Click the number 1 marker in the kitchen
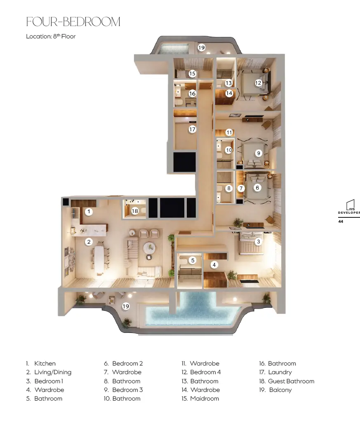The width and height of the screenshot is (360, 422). click(89, 212)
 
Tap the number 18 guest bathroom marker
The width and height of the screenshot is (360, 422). click(135, 211)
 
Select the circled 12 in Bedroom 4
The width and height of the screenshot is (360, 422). click(258, 83)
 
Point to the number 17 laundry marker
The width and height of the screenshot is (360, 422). click(192, 130)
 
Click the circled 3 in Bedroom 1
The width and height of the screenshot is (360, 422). click(258, 241)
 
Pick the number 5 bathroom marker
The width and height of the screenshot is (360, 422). click(193, 260)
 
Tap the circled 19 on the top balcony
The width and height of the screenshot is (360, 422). click(202, 47)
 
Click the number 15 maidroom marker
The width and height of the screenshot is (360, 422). click(192, 73)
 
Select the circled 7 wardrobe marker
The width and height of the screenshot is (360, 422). click(241, 189)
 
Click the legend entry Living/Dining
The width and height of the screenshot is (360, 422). click(53, 372)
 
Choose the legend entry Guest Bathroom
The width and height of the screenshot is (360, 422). click(291, 381)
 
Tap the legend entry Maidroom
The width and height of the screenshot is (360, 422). click(205, 398)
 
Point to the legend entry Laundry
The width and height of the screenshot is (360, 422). click(280, 372)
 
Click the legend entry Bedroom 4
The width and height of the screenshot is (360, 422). click(205, 372)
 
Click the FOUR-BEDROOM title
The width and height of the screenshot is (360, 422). click(73, 22)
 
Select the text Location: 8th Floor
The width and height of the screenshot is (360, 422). click(51, 36)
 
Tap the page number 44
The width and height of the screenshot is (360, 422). click(341, 222)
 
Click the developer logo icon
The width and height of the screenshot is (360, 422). click(351, 205)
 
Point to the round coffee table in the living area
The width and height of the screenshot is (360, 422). click(149, 248)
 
